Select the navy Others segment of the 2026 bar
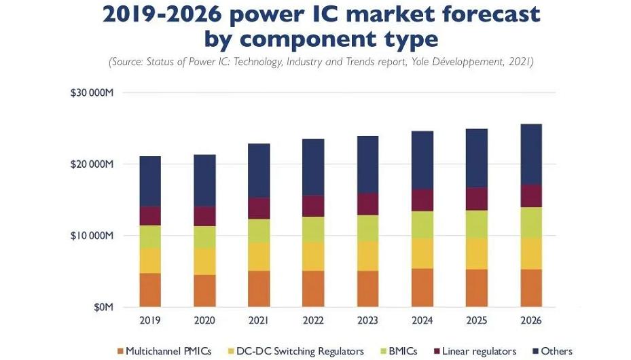click(531, 154)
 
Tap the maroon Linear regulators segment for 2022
click(314, 206)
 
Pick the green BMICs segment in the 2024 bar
click(422, 225)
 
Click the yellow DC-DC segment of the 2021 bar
click(259, 257)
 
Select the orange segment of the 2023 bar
click(368, 289)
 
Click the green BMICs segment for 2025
click(477, 224)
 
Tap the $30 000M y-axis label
click(91, 92)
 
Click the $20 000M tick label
click(91, 164)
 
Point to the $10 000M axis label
click(91, 236)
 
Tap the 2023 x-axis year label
click(368, 319)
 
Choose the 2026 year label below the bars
click(531, 319)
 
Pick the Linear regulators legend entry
click(478, 351)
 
